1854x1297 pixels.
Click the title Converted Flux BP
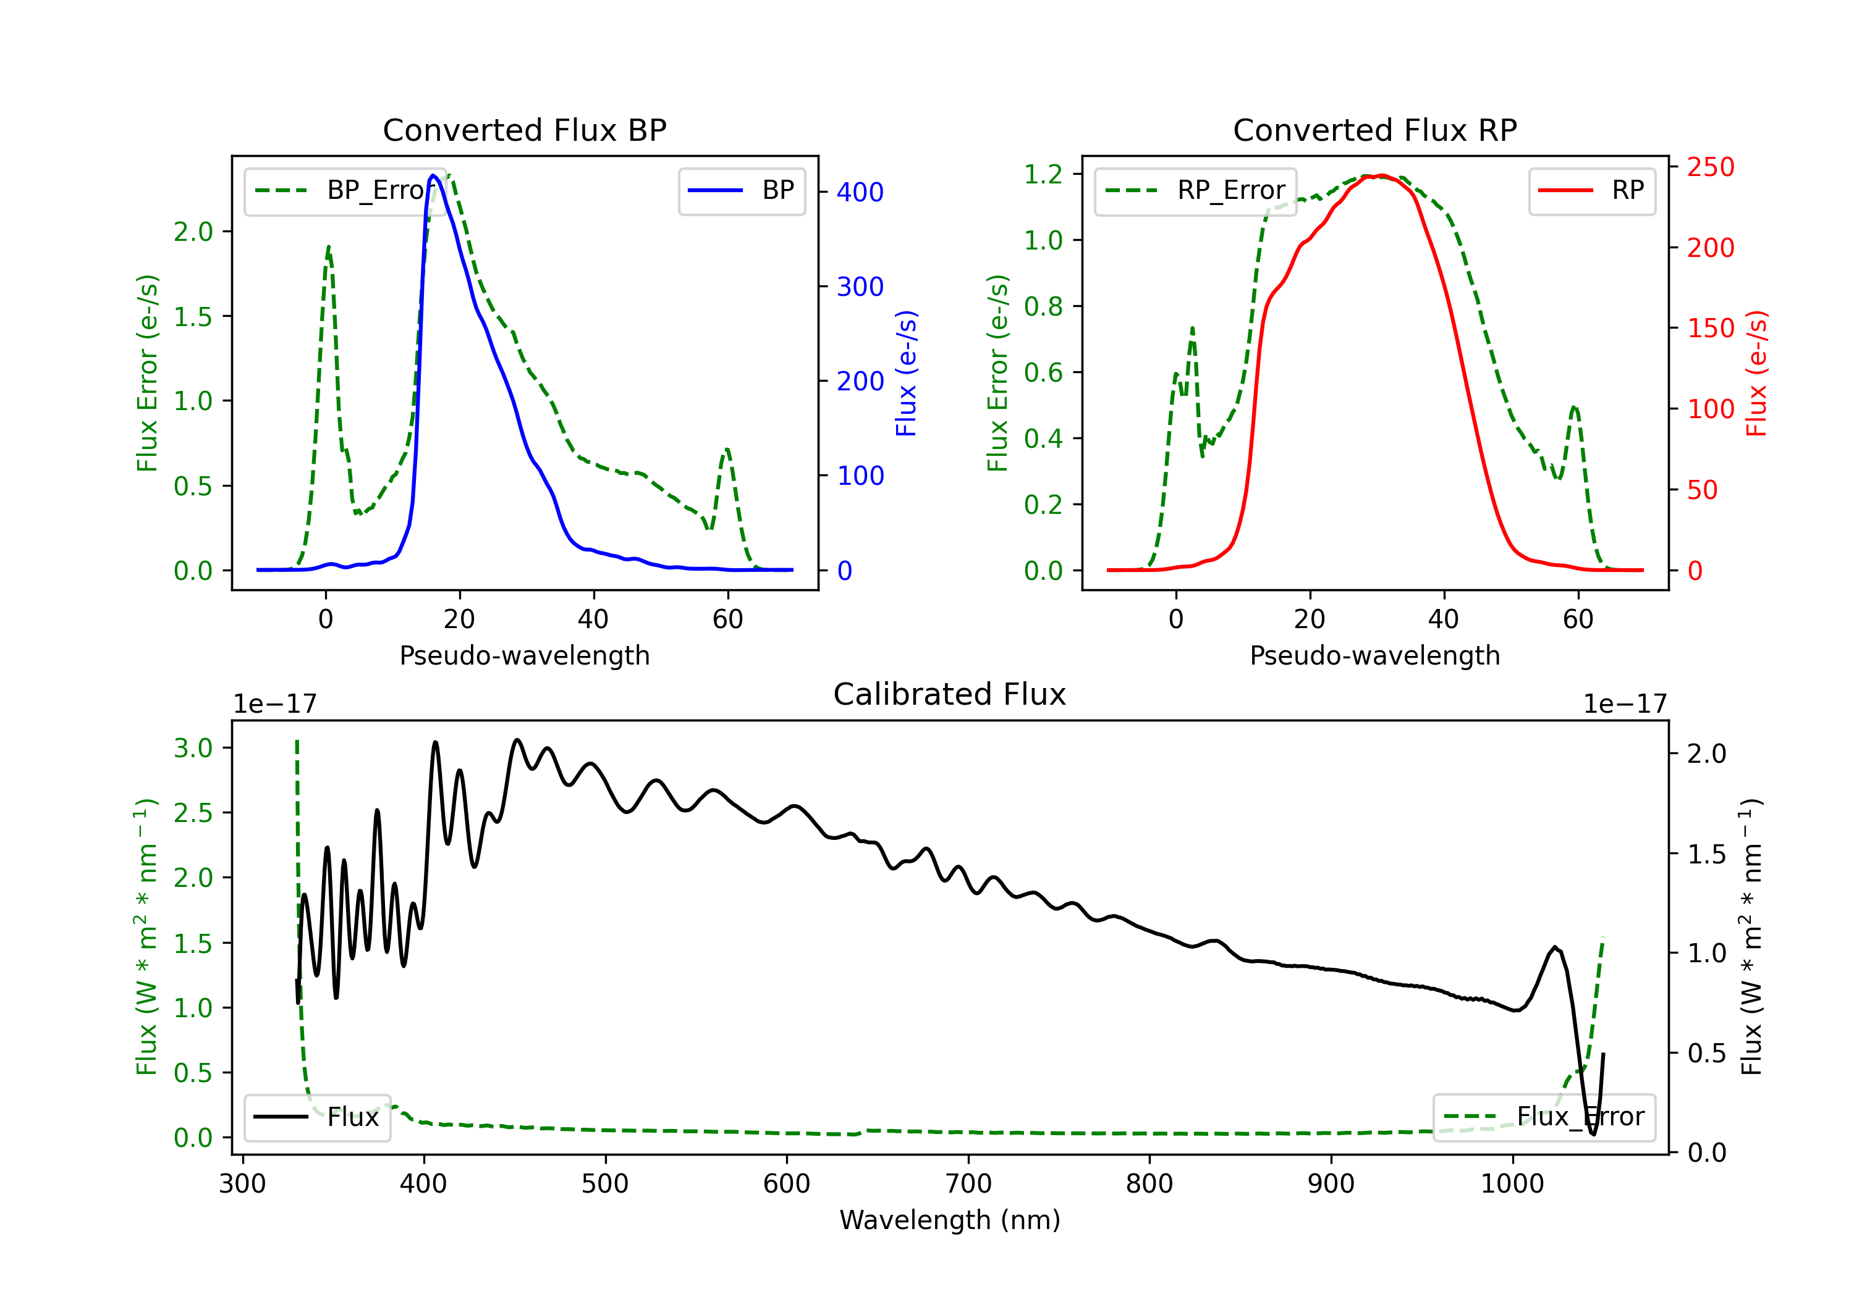click(525, 130)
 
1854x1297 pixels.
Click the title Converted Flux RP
click(1375, 130)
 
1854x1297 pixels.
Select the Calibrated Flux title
click(950, 694)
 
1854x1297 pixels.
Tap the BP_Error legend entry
click(345, 190)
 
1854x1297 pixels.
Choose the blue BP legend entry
click(741, 190)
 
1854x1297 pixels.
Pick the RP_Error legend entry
click(1195, 190)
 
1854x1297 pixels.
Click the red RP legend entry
click(1591, 190)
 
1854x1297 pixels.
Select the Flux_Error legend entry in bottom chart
click(1544, 1117)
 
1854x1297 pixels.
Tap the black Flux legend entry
click(316, 1117)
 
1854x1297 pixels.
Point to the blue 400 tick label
click(860, 192)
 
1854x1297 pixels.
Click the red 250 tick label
click(1710, 167)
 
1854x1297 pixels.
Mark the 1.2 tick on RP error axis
click(1043, 174)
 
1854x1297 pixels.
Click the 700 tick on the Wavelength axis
click(968, 1184)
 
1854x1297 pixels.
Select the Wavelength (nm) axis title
click(950, 1220)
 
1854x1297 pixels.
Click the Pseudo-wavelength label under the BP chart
click(525, 655)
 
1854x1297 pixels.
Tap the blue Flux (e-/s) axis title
click(907, 374)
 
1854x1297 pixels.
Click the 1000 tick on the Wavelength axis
click(1512, 1184)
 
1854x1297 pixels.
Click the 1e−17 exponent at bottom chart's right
click(1625, 704)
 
